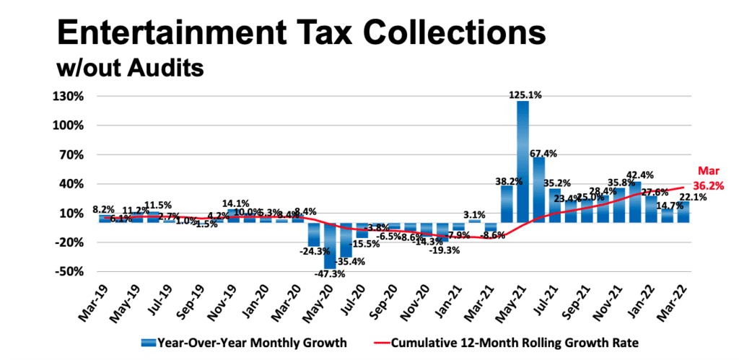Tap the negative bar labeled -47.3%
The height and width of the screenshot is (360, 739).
point(329,245)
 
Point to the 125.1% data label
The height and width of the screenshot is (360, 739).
point(523,94)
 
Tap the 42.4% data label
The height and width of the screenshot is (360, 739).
point(635,175)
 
